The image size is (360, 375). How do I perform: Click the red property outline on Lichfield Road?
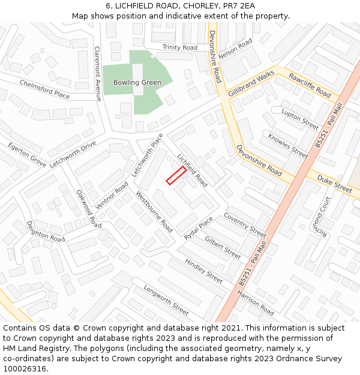[176, 175]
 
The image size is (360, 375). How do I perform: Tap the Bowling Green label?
[137, 82]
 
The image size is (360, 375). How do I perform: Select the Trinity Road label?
[179, 47]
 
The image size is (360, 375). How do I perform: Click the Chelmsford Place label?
[44, 89]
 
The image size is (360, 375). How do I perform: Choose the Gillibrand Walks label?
[251, 83]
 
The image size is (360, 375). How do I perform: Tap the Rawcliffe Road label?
[310, 85]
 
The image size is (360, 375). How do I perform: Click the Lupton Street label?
[300, 120]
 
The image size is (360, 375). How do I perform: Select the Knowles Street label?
[288, 146]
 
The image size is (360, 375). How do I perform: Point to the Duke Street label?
[334, 184]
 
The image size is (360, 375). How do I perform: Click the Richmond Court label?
[322, 216]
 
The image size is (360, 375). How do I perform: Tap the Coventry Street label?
[245, 224]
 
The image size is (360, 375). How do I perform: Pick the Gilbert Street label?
[223, 247]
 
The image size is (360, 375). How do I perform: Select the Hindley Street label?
[204, 271]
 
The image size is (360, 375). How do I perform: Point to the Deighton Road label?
[46, 230]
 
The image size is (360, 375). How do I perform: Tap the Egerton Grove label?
[27, 155]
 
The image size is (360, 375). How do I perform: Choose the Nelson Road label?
[236, 49]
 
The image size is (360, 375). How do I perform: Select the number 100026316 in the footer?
[25, 368]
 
